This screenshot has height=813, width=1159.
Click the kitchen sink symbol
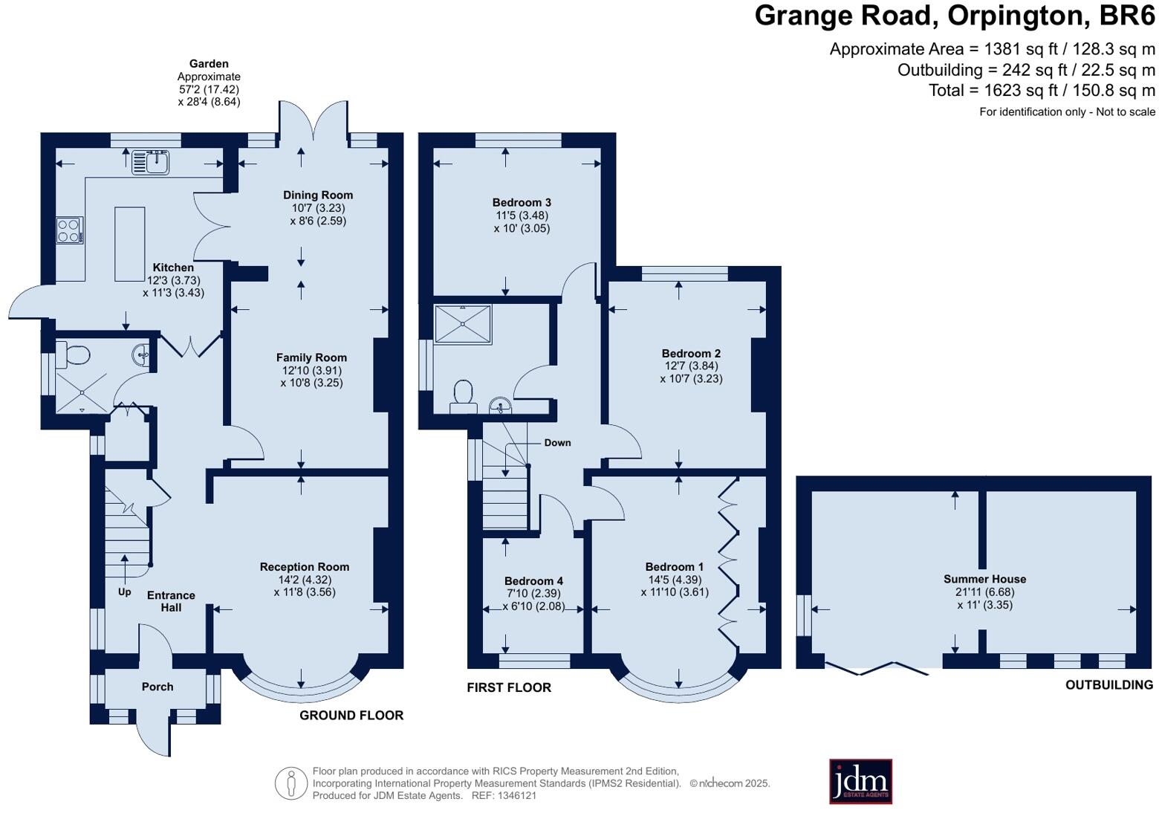[x=150, y=161]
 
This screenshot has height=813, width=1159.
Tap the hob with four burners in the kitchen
[x=69, y=230]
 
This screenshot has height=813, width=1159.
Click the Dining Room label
[x=317, y=195]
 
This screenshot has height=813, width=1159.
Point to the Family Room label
[x=311, y=357]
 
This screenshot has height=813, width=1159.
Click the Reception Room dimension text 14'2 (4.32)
[x=304, y=580]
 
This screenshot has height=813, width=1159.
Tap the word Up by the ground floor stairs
[x=124, y=592]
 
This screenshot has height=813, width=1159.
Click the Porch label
[x=157, y=687]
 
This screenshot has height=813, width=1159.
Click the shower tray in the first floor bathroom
[x=463, y=324]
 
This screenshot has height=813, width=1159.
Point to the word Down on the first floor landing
[x=557, y=443]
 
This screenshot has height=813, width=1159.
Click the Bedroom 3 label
[x=522, y=202]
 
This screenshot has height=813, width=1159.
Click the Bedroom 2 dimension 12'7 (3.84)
[x=691, y=366]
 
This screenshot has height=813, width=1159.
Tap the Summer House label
[x=984, y=579]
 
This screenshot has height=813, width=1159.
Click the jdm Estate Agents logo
[x=860, y=781]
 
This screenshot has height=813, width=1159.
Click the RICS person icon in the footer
[x=290, y=783]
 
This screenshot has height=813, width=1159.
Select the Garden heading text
[x=209, y=64]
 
